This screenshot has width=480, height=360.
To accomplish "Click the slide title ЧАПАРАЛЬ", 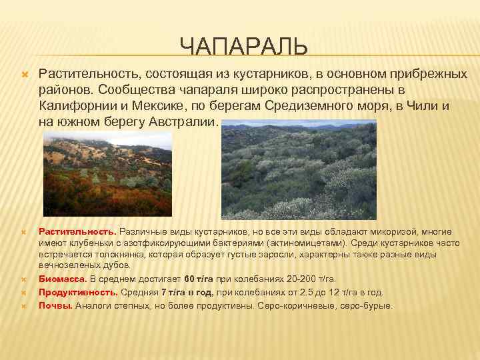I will pyautogui.click(x=243, y=47).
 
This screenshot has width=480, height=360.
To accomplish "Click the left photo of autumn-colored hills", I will pyautogui.click(x=107, y=173).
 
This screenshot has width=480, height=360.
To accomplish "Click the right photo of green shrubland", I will pyautogui.click(x=298, y=169).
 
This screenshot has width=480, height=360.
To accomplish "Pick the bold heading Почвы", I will pyautogui.click(x=56, y=305).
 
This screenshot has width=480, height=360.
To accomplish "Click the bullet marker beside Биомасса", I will pyautogui.click(x=24, y=279).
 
